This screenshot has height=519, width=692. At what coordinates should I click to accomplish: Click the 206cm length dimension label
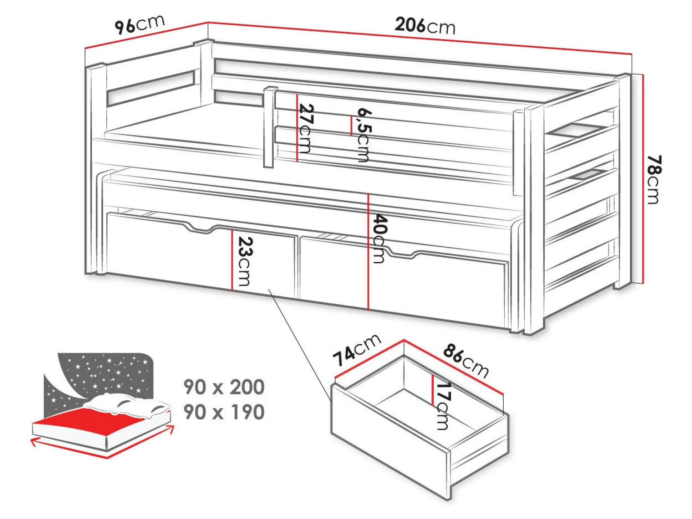click(x=425, y=26)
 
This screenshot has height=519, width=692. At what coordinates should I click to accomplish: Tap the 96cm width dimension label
click(x=139, y=24)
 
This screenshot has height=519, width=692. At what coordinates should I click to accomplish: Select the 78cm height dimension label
click(x=654, y=179)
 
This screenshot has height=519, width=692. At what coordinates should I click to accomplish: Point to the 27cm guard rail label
click(x=305, y=128)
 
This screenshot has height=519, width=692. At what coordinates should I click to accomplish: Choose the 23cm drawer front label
click(x=245, y=261)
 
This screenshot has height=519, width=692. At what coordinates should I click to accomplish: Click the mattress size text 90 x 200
click(x=224, y=387)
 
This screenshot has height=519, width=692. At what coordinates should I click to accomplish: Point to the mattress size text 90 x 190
click(x=224, y=412)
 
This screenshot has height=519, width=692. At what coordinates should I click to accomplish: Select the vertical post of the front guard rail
click(x=270, y=127)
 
